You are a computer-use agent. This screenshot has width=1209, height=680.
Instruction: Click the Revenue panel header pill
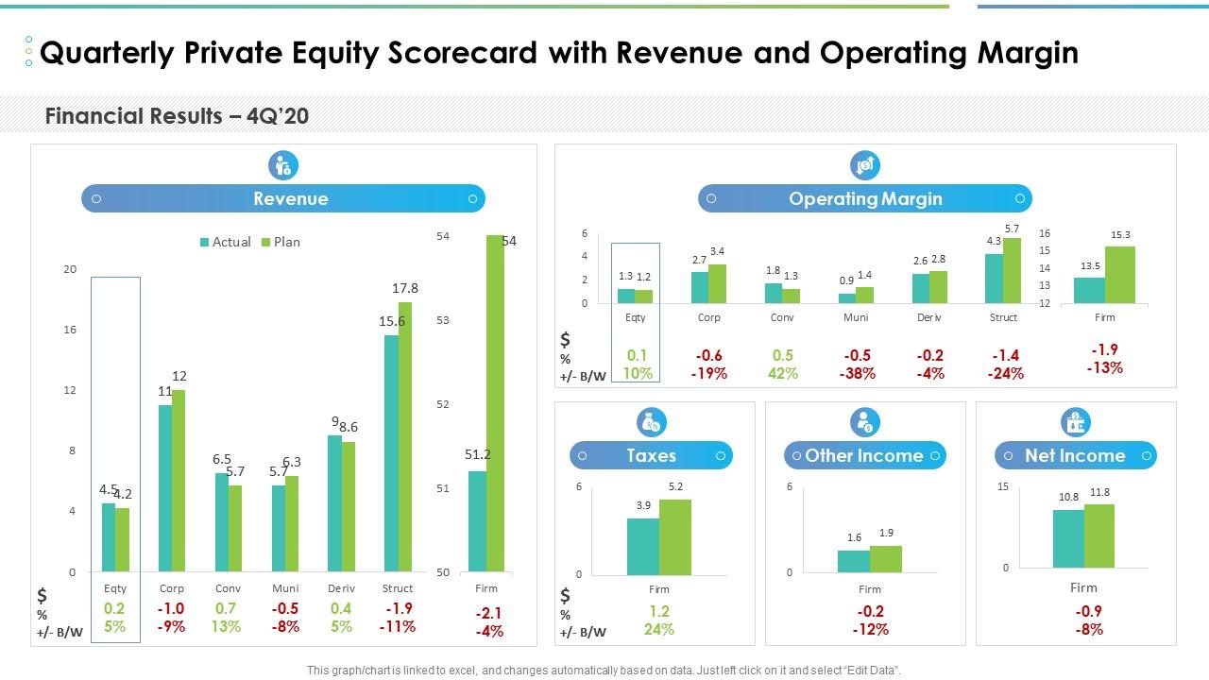283,198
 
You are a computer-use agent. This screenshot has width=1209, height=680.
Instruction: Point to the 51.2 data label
478,454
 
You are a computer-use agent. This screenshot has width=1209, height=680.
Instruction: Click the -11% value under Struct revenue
398,626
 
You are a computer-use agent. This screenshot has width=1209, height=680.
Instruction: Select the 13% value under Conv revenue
227,626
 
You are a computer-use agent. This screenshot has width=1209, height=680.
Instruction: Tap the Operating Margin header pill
865,198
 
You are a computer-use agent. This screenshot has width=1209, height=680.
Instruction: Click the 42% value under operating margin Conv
783,373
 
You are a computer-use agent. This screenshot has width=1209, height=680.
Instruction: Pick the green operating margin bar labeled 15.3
1120,275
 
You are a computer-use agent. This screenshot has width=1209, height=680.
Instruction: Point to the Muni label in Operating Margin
856,317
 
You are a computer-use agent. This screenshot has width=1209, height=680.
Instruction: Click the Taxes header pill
652,455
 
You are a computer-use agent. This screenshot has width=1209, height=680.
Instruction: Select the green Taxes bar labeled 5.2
674,536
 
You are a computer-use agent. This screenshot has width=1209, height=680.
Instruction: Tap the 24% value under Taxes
659,629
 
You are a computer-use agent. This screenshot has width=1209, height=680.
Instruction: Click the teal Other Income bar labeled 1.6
854,561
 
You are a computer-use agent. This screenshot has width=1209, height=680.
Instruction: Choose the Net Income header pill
1076,455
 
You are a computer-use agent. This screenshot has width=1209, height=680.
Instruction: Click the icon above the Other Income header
865,421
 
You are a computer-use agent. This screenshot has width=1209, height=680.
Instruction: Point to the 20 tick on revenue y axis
70,269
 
